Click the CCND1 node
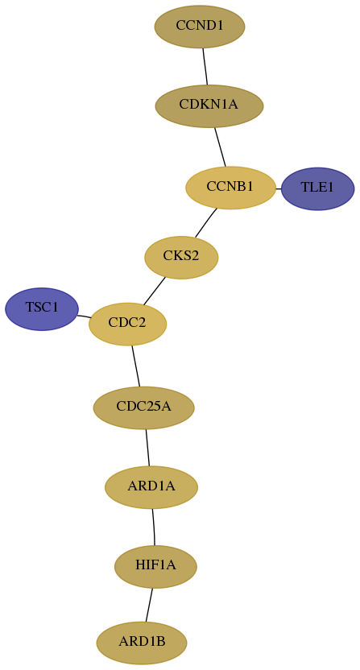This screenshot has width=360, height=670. (200, 27)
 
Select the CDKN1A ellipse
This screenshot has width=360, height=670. (209, 106)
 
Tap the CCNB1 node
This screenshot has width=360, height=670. (230, 188)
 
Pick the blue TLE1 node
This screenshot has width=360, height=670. (317, 189)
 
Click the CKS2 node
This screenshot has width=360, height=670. (181, 258)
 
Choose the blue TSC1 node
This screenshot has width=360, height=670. (42, 309)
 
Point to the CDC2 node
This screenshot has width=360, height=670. (127, 324)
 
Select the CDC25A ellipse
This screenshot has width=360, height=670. (143, 407)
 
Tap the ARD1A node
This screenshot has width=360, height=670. (151, 487)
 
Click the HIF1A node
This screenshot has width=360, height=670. (155, 567)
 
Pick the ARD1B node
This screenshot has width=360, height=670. (142, 643)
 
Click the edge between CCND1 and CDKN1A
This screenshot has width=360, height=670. (205, 66)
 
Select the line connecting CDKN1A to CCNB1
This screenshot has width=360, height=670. (220, 147)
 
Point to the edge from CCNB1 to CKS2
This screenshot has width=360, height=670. (205, 222)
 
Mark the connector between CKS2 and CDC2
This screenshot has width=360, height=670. (155, 291)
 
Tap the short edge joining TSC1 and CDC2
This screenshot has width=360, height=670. (84, 316)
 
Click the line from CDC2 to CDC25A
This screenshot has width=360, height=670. (135, 366)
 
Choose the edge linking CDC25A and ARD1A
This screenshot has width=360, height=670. (147, 448)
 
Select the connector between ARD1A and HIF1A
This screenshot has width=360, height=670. (154, 527)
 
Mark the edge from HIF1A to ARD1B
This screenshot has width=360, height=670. (149, 605)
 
